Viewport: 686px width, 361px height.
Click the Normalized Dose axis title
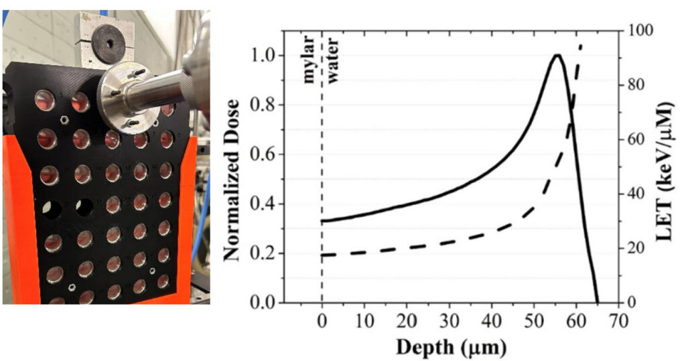[x=232, y=179]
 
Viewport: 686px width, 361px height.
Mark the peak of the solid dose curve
[x=556, y=56]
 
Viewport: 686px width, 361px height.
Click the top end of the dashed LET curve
[x=581, y=46]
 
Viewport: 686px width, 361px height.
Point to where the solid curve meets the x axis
[x=598, y=302]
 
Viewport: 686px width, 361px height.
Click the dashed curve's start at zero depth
[x=323, y=255]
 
